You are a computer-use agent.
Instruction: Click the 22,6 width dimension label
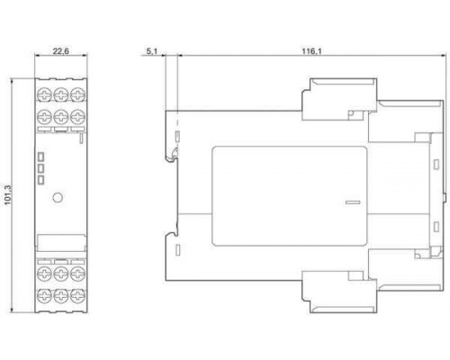[x=60, y=51]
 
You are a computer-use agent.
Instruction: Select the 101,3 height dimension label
[x=7, y=195]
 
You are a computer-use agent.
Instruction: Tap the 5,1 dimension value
[x=152, y=51]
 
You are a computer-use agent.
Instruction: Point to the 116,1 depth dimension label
[x=311, y=51]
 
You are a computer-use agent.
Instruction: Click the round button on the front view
[x=58, y=197]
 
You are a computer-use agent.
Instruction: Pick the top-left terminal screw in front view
[x=44, y=94]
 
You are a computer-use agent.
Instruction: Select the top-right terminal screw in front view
[x=77, y=94]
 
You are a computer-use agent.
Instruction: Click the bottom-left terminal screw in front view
[x=44, y=296]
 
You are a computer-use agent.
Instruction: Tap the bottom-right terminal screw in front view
[x=77, y=296]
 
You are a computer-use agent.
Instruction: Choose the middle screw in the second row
[x=61, y=117]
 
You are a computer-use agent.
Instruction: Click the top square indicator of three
[x=40, y=157]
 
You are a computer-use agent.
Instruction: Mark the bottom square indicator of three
[x=40, y=180]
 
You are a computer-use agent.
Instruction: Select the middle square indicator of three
[x=40, y=168]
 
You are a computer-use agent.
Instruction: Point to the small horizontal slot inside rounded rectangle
[x=353, y=202]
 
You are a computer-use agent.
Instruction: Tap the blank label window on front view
[x=61, y=242]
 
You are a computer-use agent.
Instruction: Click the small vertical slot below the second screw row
[x=81, y=139]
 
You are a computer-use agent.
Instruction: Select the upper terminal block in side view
[x=339, y=99]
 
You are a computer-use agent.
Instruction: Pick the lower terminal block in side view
[x=339, y=292]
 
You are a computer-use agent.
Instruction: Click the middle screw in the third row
[x=61, y=274]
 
